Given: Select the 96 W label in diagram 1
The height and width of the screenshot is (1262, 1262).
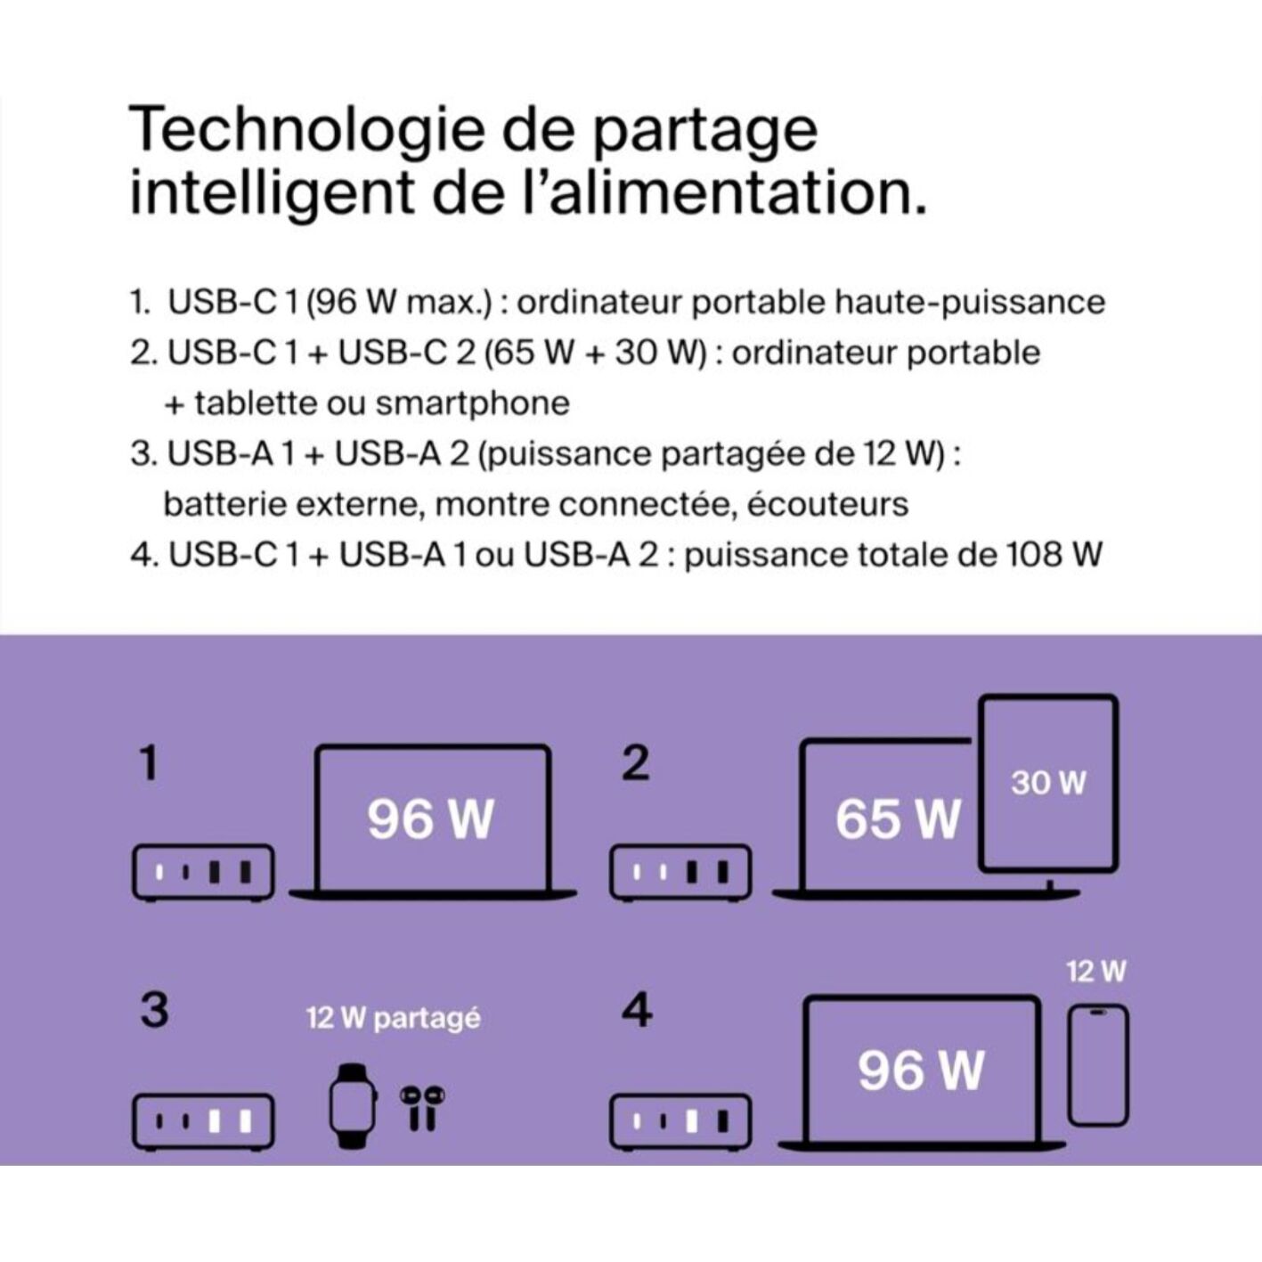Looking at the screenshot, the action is click(x=429, y=819).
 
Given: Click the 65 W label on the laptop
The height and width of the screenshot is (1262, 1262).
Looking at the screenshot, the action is click(x=897, y=819).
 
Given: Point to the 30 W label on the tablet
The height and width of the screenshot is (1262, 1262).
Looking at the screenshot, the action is click(x=1048, y=783).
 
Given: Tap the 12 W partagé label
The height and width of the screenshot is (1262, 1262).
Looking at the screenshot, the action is click(x=394, y=1019).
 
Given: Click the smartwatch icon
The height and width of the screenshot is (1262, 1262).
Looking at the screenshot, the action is click(x=353, y=1106).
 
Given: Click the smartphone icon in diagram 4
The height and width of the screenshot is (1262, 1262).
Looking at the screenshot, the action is click(x=1097, y=1065).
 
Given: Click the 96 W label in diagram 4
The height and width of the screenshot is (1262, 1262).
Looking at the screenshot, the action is click(x=921, y=1071).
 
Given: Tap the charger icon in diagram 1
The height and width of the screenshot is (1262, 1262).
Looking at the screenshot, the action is click(x=203, y=873).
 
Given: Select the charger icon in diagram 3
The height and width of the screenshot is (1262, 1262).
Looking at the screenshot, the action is click(x=203, y=1122).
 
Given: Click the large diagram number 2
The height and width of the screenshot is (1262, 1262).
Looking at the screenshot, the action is click(x=635, y=763).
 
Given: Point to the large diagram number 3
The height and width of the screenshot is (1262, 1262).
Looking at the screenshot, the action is click(x=155, y=1010).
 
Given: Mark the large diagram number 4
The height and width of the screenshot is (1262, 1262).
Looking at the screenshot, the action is click(x=636, y=1010).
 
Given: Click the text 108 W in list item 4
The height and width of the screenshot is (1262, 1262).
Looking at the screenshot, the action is click(x=1051, y=555).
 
